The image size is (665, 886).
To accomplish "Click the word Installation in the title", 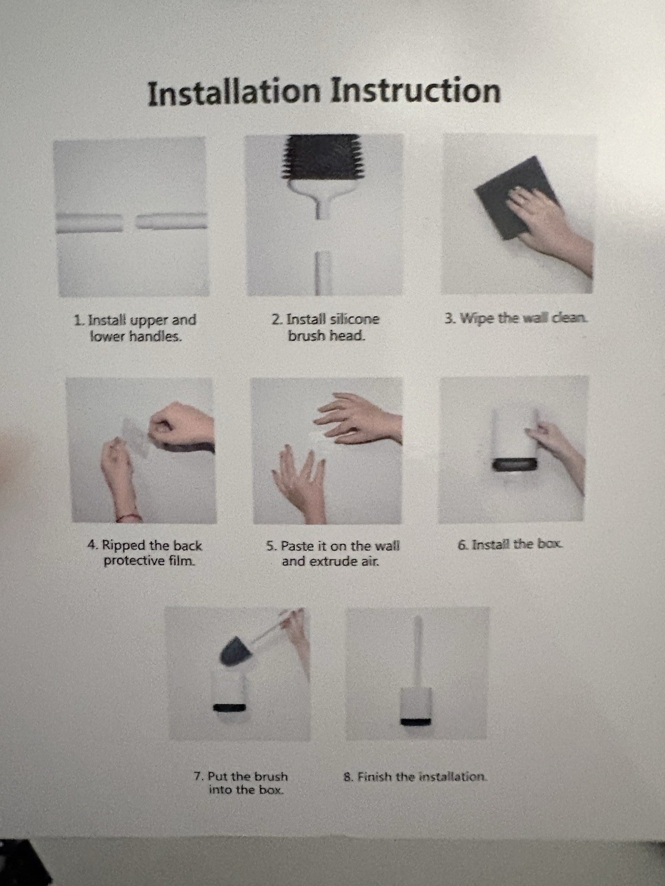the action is pyautogui.click(x=234, y=92).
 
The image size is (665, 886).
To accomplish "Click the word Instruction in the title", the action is pyautogui.click(x=416, y=91).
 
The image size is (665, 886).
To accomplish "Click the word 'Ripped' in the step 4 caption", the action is pyautogui.click(x=124, y=545).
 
